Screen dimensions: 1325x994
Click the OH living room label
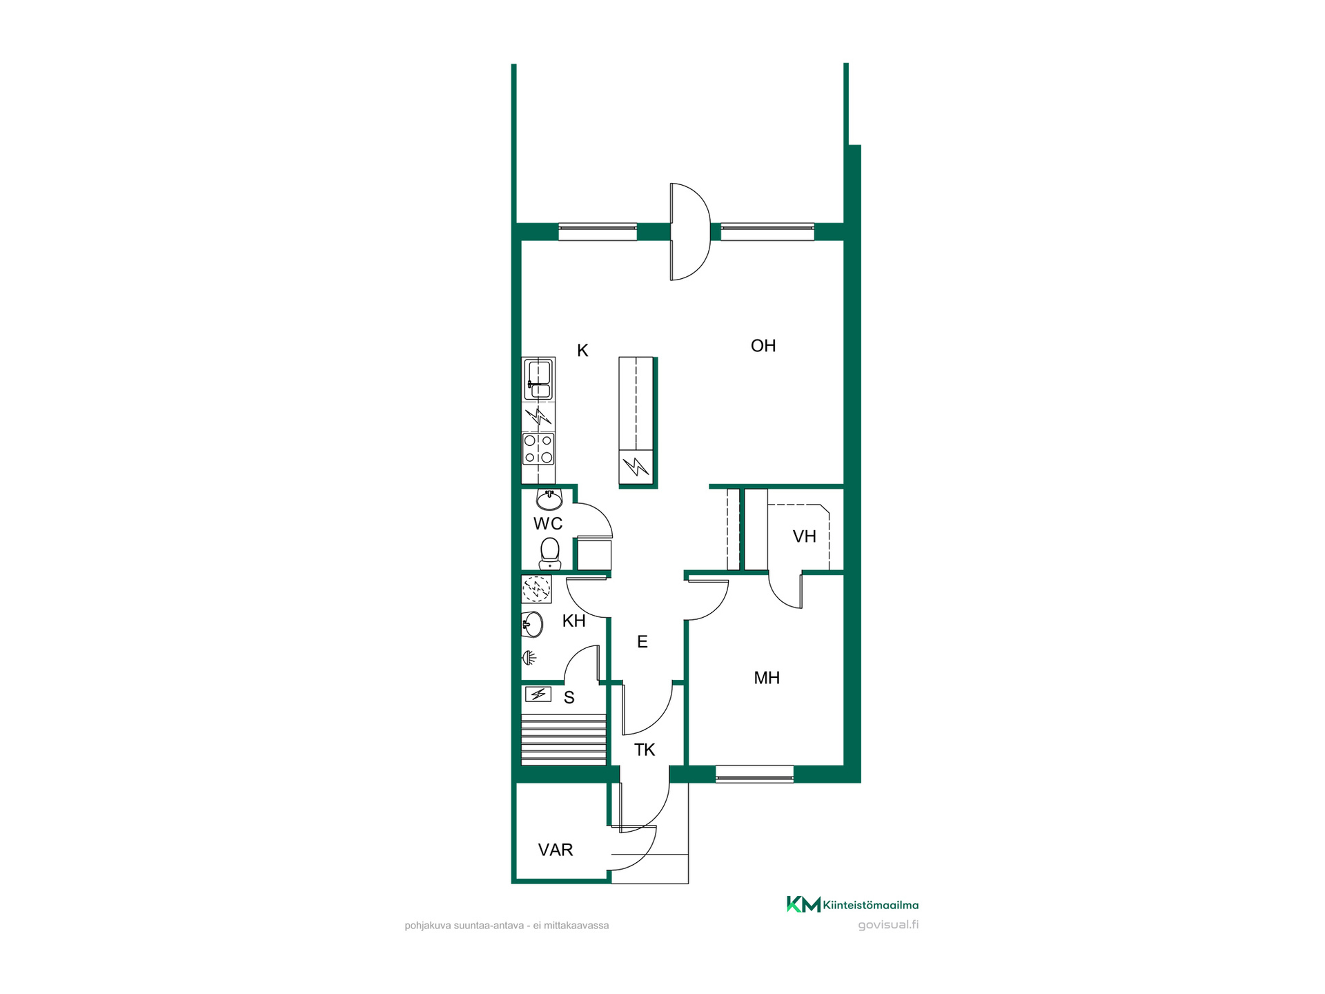tap(763, 346)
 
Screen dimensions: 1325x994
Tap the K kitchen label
tap(582, 351)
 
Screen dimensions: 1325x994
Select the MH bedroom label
tap(767, 678)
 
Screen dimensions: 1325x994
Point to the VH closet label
tap(805, 536)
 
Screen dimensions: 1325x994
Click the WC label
tap(548, 524)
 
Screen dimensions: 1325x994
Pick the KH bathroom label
tap(574, 621)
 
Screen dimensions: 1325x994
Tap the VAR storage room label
tap(556, 850)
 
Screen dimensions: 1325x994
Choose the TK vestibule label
tap(645, 750)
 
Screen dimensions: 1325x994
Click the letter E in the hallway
tap(642, 642)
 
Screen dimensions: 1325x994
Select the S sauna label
tap(569, 698)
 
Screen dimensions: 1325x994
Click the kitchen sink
tap(538, 379)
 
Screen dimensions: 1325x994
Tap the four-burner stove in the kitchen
tap(538, 449)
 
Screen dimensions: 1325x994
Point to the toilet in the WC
tap(549, 554)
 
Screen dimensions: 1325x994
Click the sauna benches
tap(564, 739)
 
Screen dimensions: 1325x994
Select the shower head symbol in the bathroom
tap(529, 658)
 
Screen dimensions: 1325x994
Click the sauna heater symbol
tap(538, 694)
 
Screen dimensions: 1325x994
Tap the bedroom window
tap(754, 774)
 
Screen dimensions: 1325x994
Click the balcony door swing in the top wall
tap(690, 232)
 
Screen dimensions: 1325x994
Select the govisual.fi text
tap(888, 925)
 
